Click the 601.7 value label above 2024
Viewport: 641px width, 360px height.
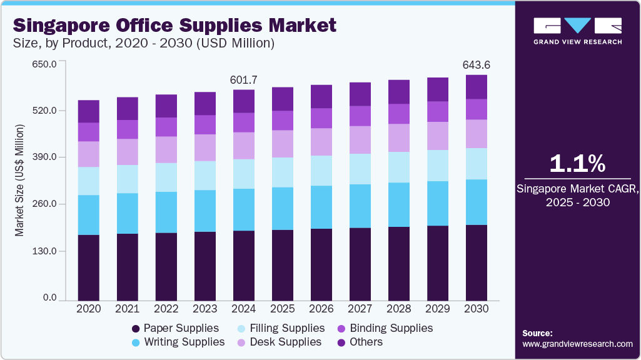(x=244, y=80)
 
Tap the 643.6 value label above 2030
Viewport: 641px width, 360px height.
(x=477, y=65)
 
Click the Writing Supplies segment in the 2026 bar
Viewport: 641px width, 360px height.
(x=321, y=207)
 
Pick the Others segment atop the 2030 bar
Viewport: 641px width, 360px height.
(x=477, y=87)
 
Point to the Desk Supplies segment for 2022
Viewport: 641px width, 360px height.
(x=166, y=149)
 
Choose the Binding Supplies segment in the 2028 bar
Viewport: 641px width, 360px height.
(x=399, y=114)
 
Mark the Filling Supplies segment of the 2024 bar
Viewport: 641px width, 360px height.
(x=244, y=174)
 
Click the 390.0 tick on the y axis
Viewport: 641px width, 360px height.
(x=45, y=157)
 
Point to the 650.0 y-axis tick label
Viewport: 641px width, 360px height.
(x=45, y=64)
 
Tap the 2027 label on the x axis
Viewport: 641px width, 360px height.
(x=360, y=309)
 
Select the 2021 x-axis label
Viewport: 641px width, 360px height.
(x=128, y=309)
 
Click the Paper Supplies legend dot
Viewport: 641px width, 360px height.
(x=135, y=329)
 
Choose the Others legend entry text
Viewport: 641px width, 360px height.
(x=366, y=342)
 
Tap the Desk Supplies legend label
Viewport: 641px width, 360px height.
(x=286, y=342)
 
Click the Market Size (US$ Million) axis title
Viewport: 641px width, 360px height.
(x=19, y=181)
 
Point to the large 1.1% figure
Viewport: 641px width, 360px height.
(x=577, y=164)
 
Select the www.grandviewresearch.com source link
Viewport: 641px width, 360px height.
(x=577, y=344)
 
